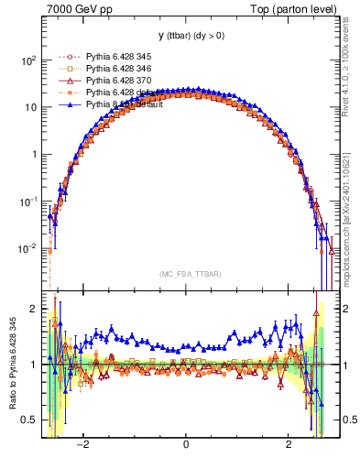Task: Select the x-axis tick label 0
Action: point(186,443)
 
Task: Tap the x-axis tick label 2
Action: point(289,443)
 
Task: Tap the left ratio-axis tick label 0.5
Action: point(29,420)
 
